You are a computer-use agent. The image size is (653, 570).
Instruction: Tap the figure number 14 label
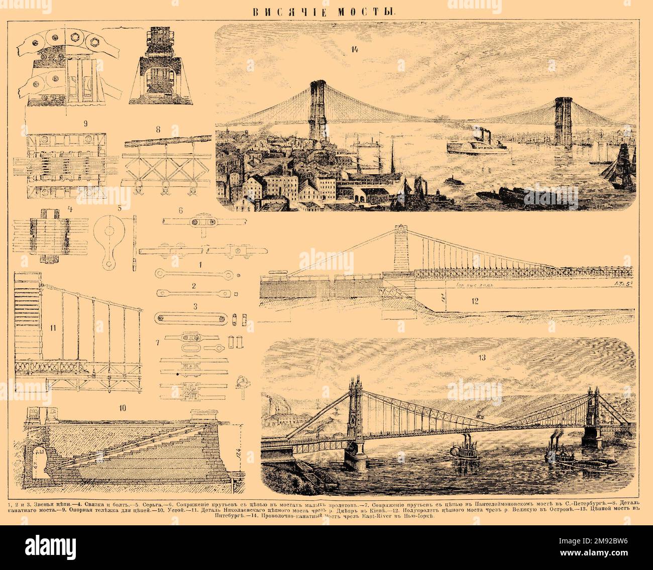355,49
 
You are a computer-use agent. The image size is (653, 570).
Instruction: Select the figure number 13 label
482,358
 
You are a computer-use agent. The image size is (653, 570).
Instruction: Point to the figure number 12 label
474,301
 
